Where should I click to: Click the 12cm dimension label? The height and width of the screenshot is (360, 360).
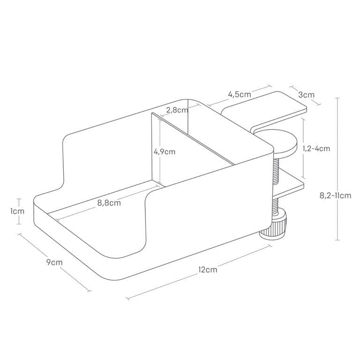pos(208,270)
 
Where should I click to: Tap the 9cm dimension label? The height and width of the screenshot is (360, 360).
pos(54,262)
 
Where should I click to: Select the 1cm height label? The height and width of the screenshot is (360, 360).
pos(17,211)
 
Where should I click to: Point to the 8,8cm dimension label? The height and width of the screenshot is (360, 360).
pos(109,203)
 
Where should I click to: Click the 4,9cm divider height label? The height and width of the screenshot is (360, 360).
pos(165,152)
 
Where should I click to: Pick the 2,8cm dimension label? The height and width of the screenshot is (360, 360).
pos(178,110)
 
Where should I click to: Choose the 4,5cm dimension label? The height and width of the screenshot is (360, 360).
pos(240,94)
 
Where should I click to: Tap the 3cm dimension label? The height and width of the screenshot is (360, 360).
pos(306,95)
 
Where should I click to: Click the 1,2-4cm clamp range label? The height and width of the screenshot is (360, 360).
pos(316,149)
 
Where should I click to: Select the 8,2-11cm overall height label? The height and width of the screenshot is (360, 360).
pos(336,195)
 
